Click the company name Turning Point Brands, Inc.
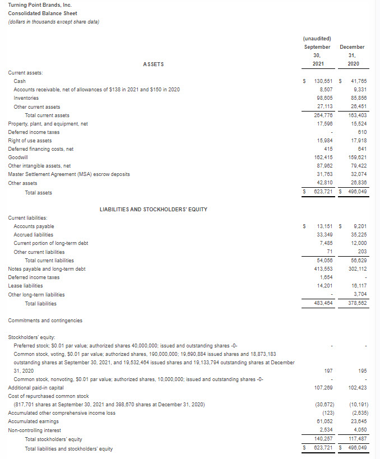(x=39, y=5)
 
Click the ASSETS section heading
(x=153, y=64)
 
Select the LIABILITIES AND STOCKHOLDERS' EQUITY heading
(x=153, y=209)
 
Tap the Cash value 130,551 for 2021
(x=324, y=81)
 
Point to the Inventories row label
(x=26, y=98)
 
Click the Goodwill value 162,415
(x=325, y=157)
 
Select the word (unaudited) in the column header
(x=317, y=39)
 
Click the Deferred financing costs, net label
(x=40, y=149)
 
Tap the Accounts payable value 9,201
(x=357, y=226)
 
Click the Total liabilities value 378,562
(x=354, y=303)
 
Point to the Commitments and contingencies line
(x=45, y=321)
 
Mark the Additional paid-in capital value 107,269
(x=325, y=388)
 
